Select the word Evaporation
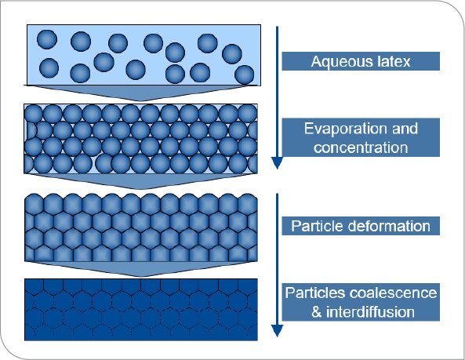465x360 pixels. (x=344, y=129)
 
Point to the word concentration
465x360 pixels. (x=361, y=147)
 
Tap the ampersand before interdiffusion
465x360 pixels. (x=317, y=312)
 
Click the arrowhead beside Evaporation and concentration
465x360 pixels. (x=277, y=163)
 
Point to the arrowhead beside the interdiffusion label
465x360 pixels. (x=277, y=331)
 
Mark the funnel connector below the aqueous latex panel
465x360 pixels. (x=141, y=93)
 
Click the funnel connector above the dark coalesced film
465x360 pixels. (x=141, y=269)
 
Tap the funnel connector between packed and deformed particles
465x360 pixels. (x=141, y=181)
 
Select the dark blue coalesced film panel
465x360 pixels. (x=141, y=309)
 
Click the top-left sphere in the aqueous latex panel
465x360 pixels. (x=47, y=39)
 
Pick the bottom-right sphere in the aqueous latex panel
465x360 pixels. (x=245, y=75)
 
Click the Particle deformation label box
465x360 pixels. (x=361, y=226)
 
